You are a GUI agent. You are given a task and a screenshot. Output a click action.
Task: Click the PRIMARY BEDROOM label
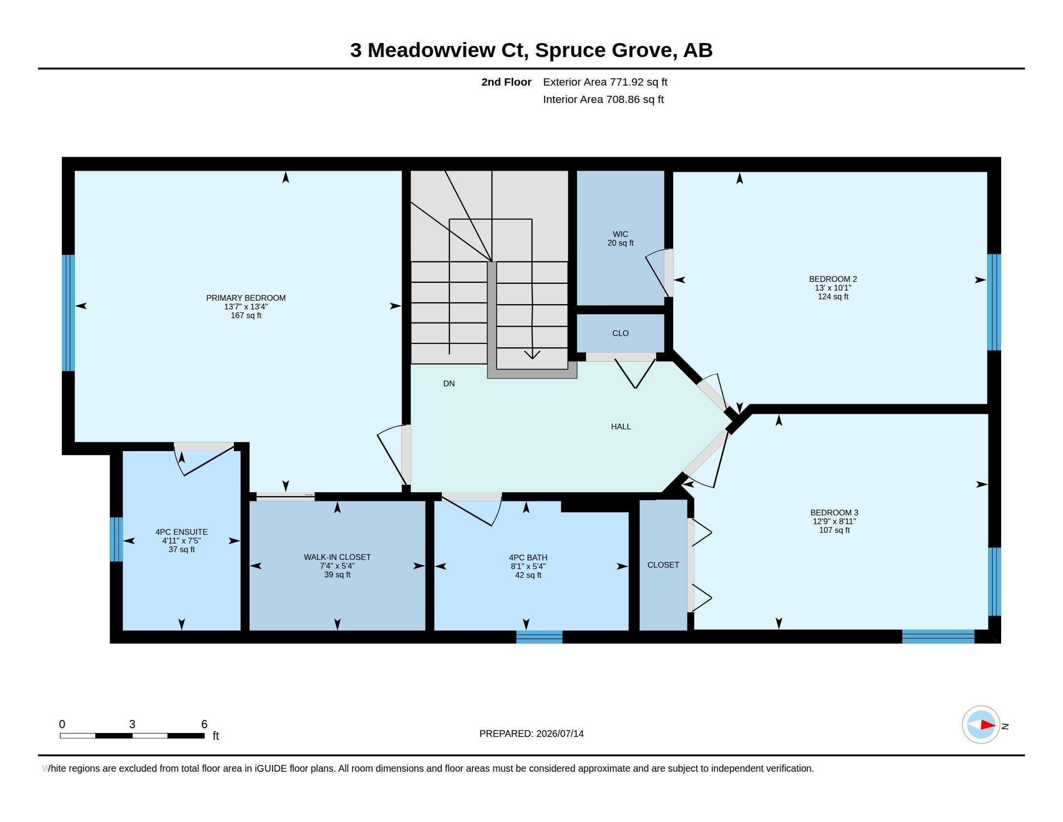(246, 298)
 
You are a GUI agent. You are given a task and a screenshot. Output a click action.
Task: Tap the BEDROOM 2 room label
(833, 279)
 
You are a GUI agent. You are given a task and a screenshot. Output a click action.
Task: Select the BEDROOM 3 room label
(834, 512)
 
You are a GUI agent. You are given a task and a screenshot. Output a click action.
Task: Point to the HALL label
(620, 426)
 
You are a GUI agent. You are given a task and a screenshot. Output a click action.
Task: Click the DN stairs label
(449, 384)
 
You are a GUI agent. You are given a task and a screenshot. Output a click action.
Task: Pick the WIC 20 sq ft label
(620, 238)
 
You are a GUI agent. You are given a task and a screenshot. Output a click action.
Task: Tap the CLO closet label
(620, 334)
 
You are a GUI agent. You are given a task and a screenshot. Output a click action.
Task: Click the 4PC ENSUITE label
(182, 532)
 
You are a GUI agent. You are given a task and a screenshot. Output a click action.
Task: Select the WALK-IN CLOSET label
(337, 557)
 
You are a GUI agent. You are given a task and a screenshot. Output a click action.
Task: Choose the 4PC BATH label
(528, 558)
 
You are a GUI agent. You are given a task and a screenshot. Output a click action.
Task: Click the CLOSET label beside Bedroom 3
(663, 565)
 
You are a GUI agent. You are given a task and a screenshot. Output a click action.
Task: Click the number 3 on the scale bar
(132, 724)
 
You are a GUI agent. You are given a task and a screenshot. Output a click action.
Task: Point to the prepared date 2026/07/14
(560, 734)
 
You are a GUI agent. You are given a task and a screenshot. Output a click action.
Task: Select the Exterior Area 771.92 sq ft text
(605, 82)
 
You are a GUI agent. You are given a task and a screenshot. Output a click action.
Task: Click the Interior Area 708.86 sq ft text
(603, 99)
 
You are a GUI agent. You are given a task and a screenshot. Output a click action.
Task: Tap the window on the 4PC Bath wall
(539, 637)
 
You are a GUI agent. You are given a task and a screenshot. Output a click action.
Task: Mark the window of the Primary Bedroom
(68, 313)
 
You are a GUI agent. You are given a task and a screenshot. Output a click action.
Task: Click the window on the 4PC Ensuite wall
(116, 540)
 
